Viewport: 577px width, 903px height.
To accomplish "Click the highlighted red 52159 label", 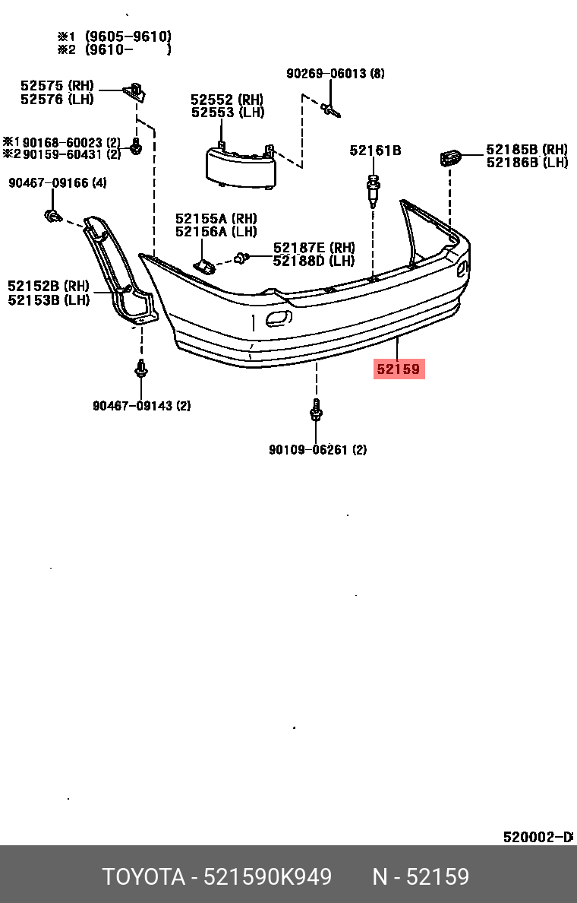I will click(399, 370).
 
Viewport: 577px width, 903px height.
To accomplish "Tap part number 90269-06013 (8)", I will click(335, 74).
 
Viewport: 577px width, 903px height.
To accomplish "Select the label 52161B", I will click(375, 150).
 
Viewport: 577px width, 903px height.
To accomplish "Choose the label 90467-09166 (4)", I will click(58, 183).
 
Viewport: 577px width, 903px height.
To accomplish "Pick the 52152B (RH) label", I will click(49, 287).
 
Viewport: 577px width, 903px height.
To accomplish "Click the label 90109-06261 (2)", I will click(317, 450).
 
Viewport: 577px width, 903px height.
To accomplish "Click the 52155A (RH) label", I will click(216, 219).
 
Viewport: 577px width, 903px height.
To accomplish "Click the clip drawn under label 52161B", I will click(373, 191).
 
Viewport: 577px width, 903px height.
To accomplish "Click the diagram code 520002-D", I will click(537, 837).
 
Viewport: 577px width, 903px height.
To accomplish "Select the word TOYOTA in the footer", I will click(144, 877).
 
